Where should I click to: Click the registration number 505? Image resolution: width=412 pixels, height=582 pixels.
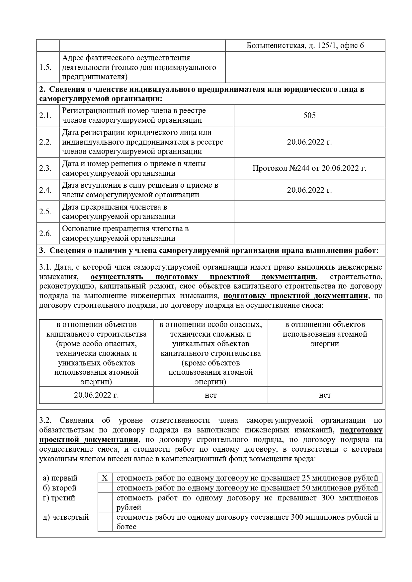(x=309, y=115)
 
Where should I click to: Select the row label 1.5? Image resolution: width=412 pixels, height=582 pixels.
(x=45, y=67)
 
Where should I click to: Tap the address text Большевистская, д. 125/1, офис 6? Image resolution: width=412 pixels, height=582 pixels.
(x=305, y=45)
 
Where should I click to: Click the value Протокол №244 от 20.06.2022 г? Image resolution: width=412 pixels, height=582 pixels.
(x=309, y=168)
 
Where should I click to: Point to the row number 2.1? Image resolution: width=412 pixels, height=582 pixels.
(x=45, y=115)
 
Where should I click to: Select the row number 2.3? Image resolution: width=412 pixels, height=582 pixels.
(x=45, y=168)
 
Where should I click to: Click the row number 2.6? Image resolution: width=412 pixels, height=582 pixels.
(x=45, y=233)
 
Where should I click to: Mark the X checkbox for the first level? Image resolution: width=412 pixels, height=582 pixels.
(x=105, y=478)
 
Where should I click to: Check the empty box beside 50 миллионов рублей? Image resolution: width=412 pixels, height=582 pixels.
(x=105, y=488)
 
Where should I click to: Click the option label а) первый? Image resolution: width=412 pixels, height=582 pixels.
(x=60, y=478)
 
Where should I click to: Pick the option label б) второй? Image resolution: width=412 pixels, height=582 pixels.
(x=60, y=488)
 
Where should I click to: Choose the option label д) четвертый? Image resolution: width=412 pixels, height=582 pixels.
(x=66, y=517)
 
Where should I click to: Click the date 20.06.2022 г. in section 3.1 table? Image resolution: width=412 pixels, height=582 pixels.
(x=96, y=395)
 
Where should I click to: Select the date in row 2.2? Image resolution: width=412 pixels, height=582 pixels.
(x=309, y=142)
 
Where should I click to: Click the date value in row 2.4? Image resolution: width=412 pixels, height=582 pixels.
(x=309, y=190)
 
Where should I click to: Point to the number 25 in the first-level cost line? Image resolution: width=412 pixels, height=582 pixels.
(x=306, y=478)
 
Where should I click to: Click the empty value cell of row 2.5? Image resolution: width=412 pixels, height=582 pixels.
(x=309, y=212)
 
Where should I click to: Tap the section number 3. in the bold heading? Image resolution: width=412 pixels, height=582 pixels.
(x=42, y=251)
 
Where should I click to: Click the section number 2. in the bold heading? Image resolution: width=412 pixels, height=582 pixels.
(x=42, y=90)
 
